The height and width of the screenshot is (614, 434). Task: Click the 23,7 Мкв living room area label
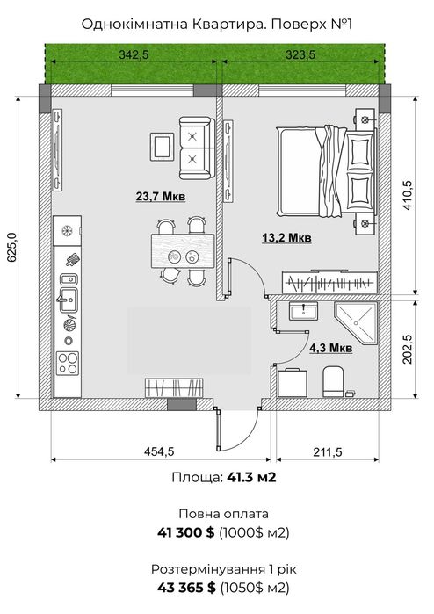[161, 196]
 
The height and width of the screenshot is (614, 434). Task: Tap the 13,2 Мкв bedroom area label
[286, 238]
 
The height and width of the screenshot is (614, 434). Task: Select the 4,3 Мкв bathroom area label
[331, 348]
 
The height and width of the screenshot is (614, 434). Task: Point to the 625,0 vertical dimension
[11, 247]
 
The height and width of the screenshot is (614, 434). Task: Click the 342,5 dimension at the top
[134, 54]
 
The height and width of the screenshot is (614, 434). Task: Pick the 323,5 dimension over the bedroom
[300, 54]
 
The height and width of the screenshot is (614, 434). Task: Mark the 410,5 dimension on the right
[408, 195]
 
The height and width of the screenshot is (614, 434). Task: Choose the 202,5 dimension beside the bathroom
[408, 349]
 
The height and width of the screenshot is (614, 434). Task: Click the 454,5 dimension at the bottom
[159, 451]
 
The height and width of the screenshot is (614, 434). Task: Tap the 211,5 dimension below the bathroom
[327, 452]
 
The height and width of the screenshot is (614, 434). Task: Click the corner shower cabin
[356, 323]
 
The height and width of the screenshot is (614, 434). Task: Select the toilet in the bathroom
[333, 381]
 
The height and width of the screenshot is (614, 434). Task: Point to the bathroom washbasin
[303, 311]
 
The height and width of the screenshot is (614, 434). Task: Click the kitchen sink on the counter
[69, 300]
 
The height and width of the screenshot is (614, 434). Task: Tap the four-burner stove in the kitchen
[68, 364]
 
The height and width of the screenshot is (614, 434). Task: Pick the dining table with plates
[183, 251]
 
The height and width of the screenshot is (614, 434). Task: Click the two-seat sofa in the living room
[197, 148]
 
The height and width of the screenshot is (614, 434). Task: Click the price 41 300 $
[186, 532]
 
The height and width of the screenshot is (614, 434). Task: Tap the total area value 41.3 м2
[251, 477]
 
